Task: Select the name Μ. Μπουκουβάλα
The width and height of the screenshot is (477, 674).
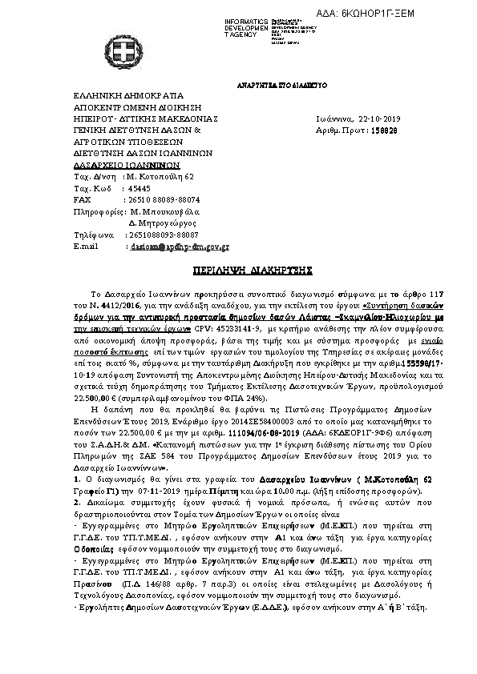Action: click(x=163, y=211)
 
